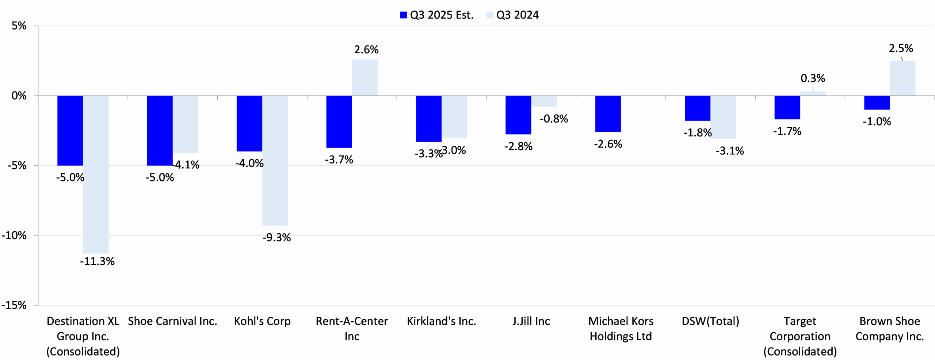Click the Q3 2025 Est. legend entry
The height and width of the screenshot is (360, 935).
tap(436, 15)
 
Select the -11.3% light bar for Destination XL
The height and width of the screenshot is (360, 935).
tap(96, 175)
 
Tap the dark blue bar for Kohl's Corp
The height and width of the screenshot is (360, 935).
tap(249, 123)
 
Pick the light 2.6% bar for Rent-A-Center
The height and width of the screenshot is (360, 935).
tap(365, 77)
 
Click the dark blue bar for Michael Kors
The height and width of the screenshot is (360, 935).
tap(608, 114)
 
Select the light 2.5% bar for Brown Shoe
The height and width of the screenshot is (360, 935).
tap(902, 78)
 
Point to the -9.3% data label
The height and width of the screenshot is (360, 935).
tap(276, 238)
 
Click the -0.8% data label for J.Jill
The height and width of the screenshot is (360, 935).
tap(554, 119)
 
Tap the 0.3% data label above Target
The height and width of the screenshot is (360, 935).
tap(813, 78)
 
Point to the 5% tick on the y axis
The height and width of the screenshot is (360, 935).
tap(19, 26)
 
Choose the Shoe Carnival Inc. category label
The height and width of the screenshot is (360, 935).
tap(172, 321)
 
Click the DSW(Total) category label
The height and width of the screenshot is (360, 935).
tap(710, 321)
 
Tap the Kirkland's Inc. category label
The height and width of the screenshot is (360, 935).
tap(441, 321)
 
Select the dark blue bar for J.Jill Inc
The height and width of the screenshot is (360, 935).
tap(518, 115)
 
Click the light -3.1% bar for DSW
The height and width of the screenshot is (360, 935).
tap(723, 117)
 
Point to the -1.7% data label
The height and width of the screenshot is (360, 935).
tap(787, 131)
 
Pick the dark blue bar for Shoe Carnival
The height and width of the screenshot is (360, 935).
tap(160, 130)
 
